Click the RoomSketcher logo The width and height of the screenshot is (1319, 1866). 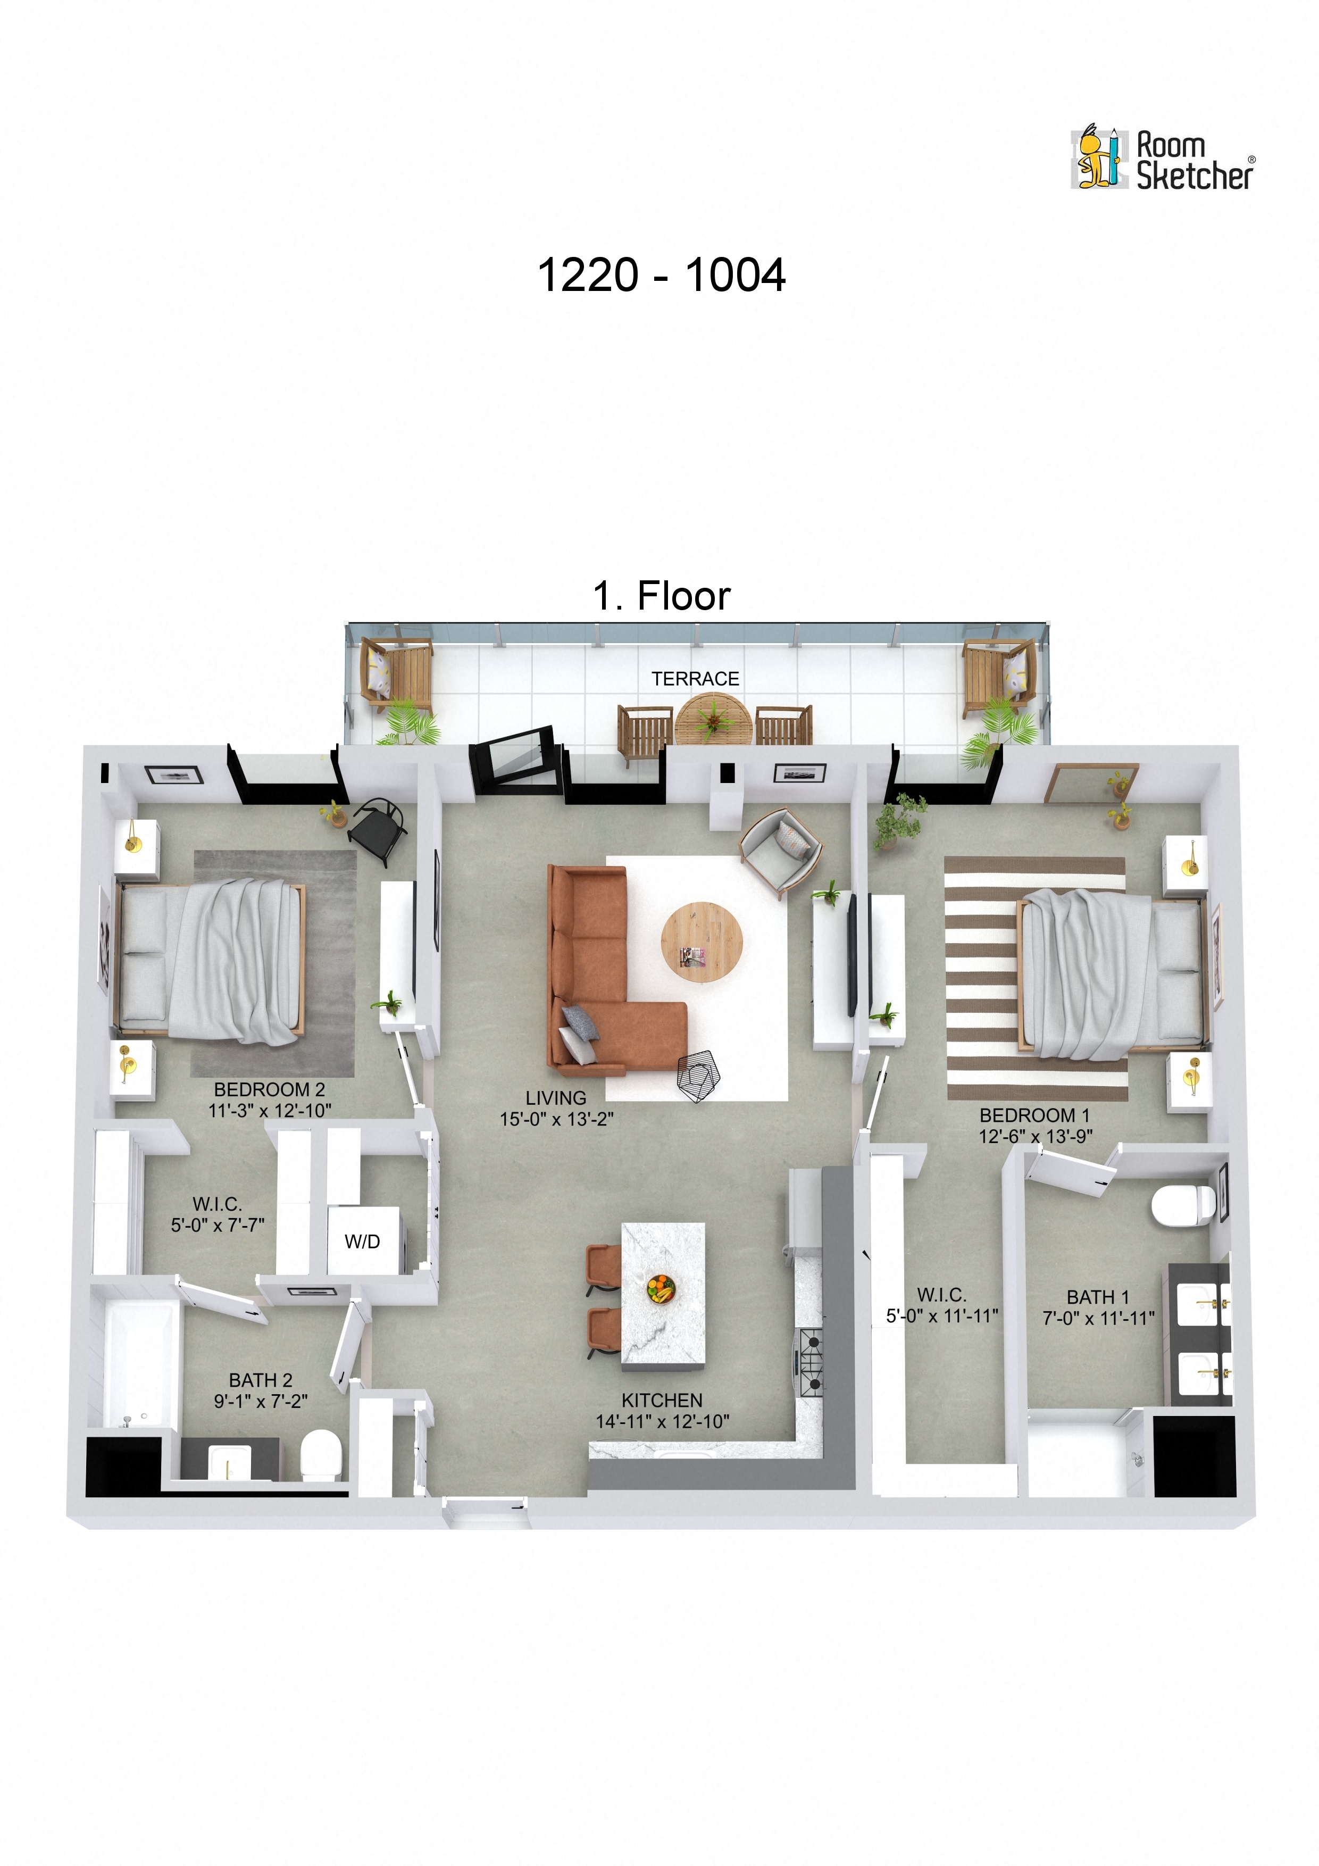1162,159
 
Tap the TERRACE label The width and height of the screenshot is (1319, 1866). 695,679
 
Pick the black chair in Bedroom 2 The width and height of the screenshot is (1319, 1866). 378,828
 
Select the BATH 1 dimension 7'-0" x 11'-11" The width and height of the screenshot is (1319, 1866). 1098,1318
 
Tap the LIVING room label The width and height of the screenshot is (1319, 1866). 555,1098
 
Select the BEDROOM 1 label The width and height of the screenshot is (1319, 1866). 1034,1115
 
